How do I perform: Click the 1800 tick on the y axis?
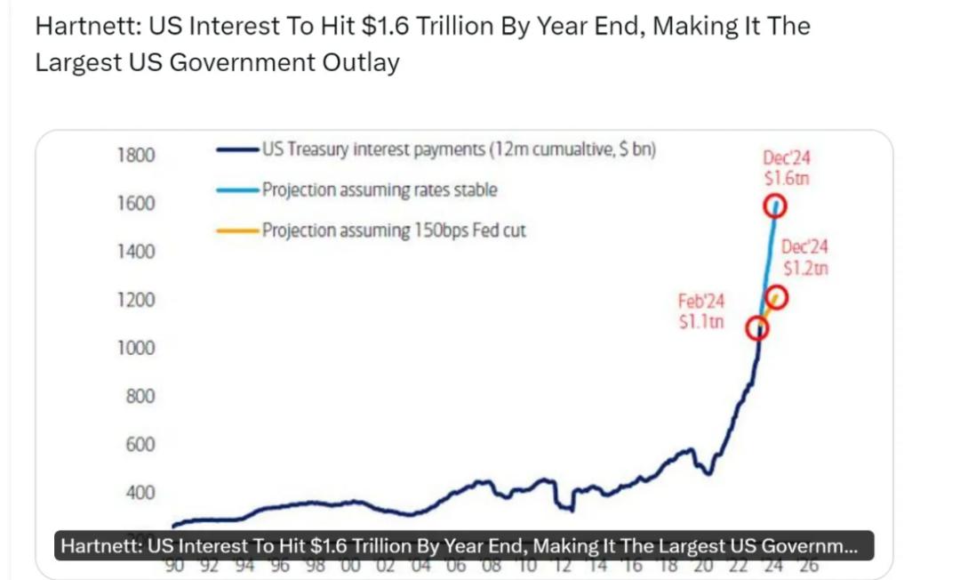[135, 156]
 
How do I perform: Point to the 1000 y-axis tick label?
[135, 348]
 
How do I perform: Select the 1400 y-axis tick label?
[135, 252]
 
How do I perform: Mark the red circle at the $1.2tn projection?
[776, 296]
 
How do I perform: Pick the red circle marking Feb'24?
[757, 329]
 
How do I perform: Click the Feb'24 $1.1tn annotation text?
[700, 311]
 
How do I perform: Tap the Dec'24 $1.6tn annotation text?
[787, 167]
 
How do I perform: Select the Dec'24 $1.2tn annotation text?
[804, 257]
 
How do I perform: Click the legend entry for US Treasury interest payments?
[459, 149]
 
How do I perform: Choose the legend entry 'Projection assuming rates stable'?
[380, 189]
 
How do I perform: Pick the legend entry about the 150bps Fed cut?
[394, 230]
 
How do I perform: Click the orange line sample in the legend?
[236, 230]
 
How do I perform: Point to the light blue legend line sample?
[236, 189]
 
